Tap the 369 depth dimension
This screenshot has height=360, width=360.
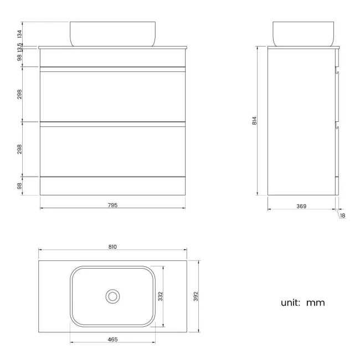301,206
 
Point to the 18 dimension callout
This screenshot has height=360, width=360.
342,215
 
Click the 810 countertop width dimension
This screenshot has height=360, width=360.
113,247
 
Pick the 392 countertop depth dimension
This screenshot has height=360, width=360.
196,296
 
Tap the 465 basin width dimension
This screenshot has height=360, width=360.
113,338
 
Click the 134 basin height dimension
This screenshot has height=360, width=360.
19,33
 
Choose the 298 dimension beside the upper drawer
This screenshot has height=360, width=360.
19,94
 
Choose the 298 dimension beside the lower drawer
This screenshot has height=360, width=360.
19,149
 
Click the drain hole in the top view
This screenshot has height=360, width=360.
113,296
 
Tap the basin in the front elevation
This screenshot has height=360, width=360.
113,33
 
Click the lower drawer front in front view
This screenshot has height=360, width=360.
113,151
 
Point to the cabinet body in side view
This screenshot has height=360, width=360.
301,122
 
